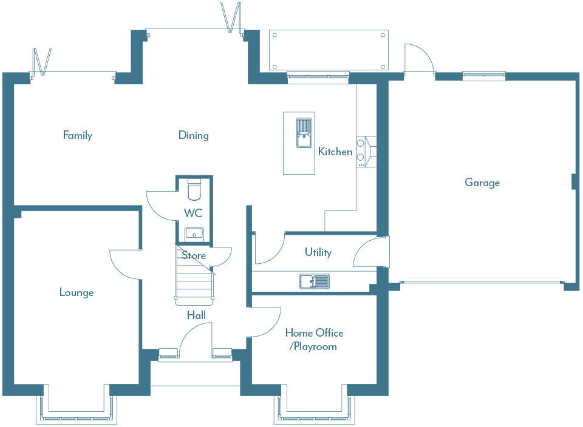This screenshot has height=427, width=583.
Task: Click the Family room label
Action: pyautogui.click(x=77, y=135)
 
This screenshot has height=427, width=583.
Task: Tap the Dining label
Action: pyautogui.click(x=193, y=135)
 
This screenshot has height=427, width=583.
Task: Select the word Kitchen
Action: pyautogui.click(x=335, y=152)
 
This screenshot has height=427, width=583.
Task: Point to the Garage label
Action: pyautogui.click(x=482, y=183)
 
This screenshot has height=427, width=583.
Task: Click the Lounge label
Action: pyautogui.click(x=77, y=293)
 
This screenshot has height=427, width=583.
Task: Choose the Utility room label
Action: pyautogui.click(x=318, y=252)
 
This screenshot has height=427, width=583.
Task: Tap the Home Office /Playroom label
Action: pyautogui.click(x=315, y=340)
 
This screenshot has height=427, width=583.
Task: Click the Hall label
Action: pyautogui.click(x=196, y=315)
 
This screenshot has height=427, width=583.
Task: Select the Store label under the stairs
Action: pyautogui.click(x=194, y=256)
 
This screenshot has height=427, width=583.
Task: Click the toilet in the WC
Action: pyautogui.click(x=194, y=190)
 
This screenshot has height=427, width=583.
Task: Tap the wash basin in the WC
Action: pyautogui.click(x=194, y=233)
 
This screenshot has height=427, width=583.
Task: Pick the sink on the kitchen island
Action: pyautogui.click(x=303, y=133)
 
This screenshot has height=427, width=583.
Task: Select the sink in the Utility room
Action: pyautogui.click(x=314, y=281)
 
